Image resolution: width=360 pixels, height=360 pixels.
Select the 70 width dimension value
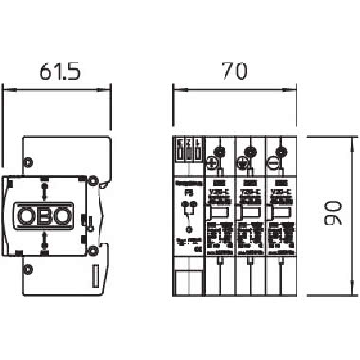tap(230, 70)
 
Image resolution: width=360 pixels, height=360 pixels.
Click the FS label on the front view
tap(187, 193)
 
